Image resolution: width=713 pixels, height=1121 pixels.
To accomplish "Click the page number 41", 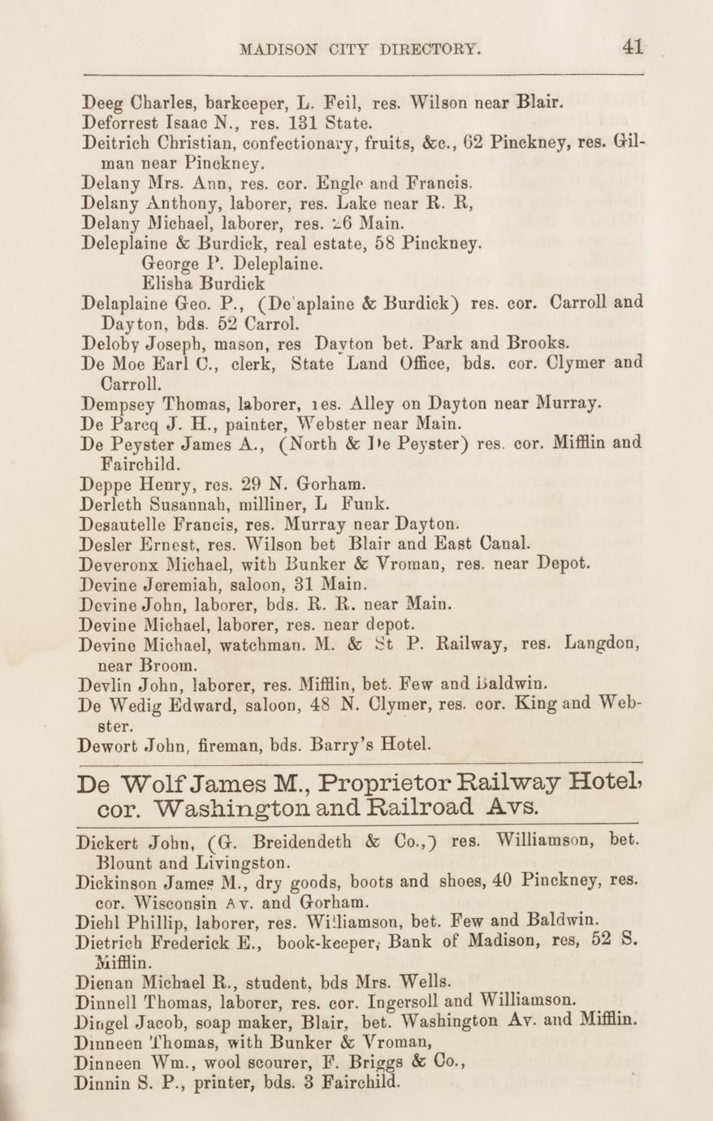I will click(x=633, y=46).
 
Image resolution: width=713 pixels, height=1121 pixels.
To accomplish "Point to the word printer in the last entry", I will click(x=222, y=1082).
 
